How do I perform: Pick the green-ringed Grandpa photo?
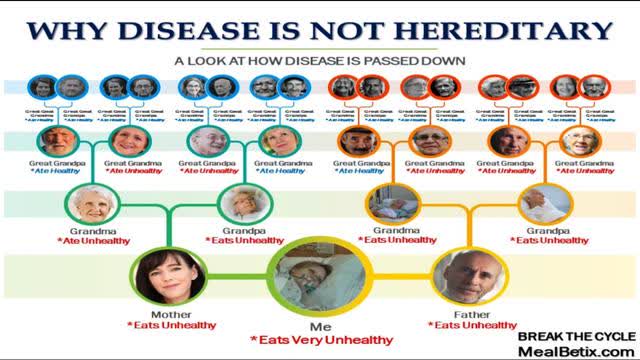[x=241, y=205]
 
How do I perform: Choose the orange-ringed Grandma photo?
[x=395, y=205]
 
